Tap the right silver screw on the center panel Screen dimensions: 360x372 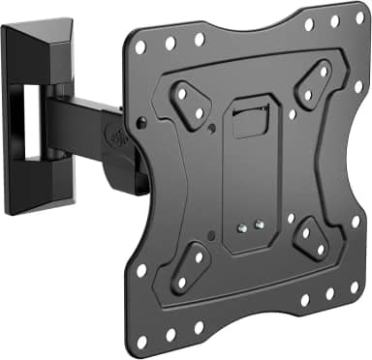click(258, 225)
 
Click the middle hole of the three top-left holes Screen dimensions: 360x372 click(170, 43)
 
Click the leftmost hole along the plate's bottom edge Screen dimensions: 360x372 click(140, 342)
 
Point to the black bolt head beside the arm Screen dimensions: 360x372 click(141, 124)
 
